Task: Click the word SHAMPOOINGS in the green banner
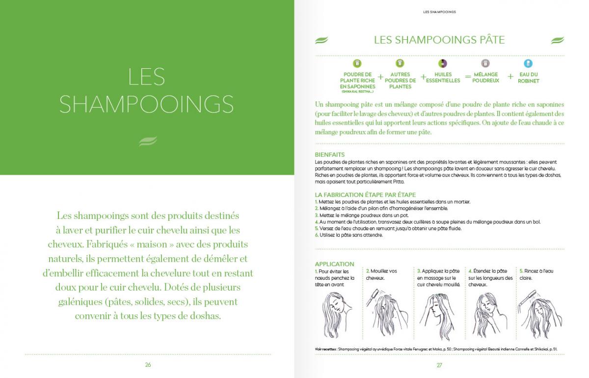146,104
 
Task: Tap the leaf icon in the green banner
148,141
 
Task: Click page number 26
148,365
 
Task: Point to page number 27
439,365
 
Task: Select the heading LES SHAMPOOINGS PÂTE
439,40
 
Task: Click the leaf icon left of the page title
321,40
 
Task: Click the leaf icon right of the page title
558,40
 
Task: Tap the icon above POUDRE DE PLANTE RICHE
357,63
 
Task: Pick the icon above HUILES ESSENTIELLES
443,63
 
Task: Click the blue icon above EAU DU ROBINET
528,63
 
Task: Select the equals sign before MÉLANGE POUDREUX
467,77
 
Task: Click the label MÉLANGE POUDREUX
485,78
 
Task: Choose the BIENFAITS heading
330,155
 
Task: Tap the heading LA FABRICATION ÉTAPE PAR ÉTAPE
365,195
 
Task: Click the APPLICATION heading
334,264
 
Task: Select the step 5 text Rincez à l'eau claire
536,274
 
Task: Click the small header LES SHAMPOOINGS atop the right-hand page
439,12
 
